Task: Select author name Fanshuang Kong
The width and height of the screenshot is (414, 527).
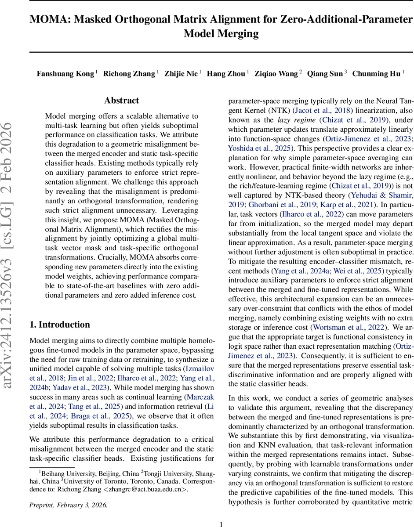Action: (x=65, y=73)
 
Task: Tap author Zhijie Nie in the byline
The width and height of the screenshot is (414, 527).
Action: (x=181, y=73)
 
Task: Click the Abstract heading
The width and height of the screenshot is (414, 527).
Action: (x=122, y=101)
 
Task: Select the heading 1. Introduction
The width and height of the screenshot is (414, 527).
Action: (x=59, y=312)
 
